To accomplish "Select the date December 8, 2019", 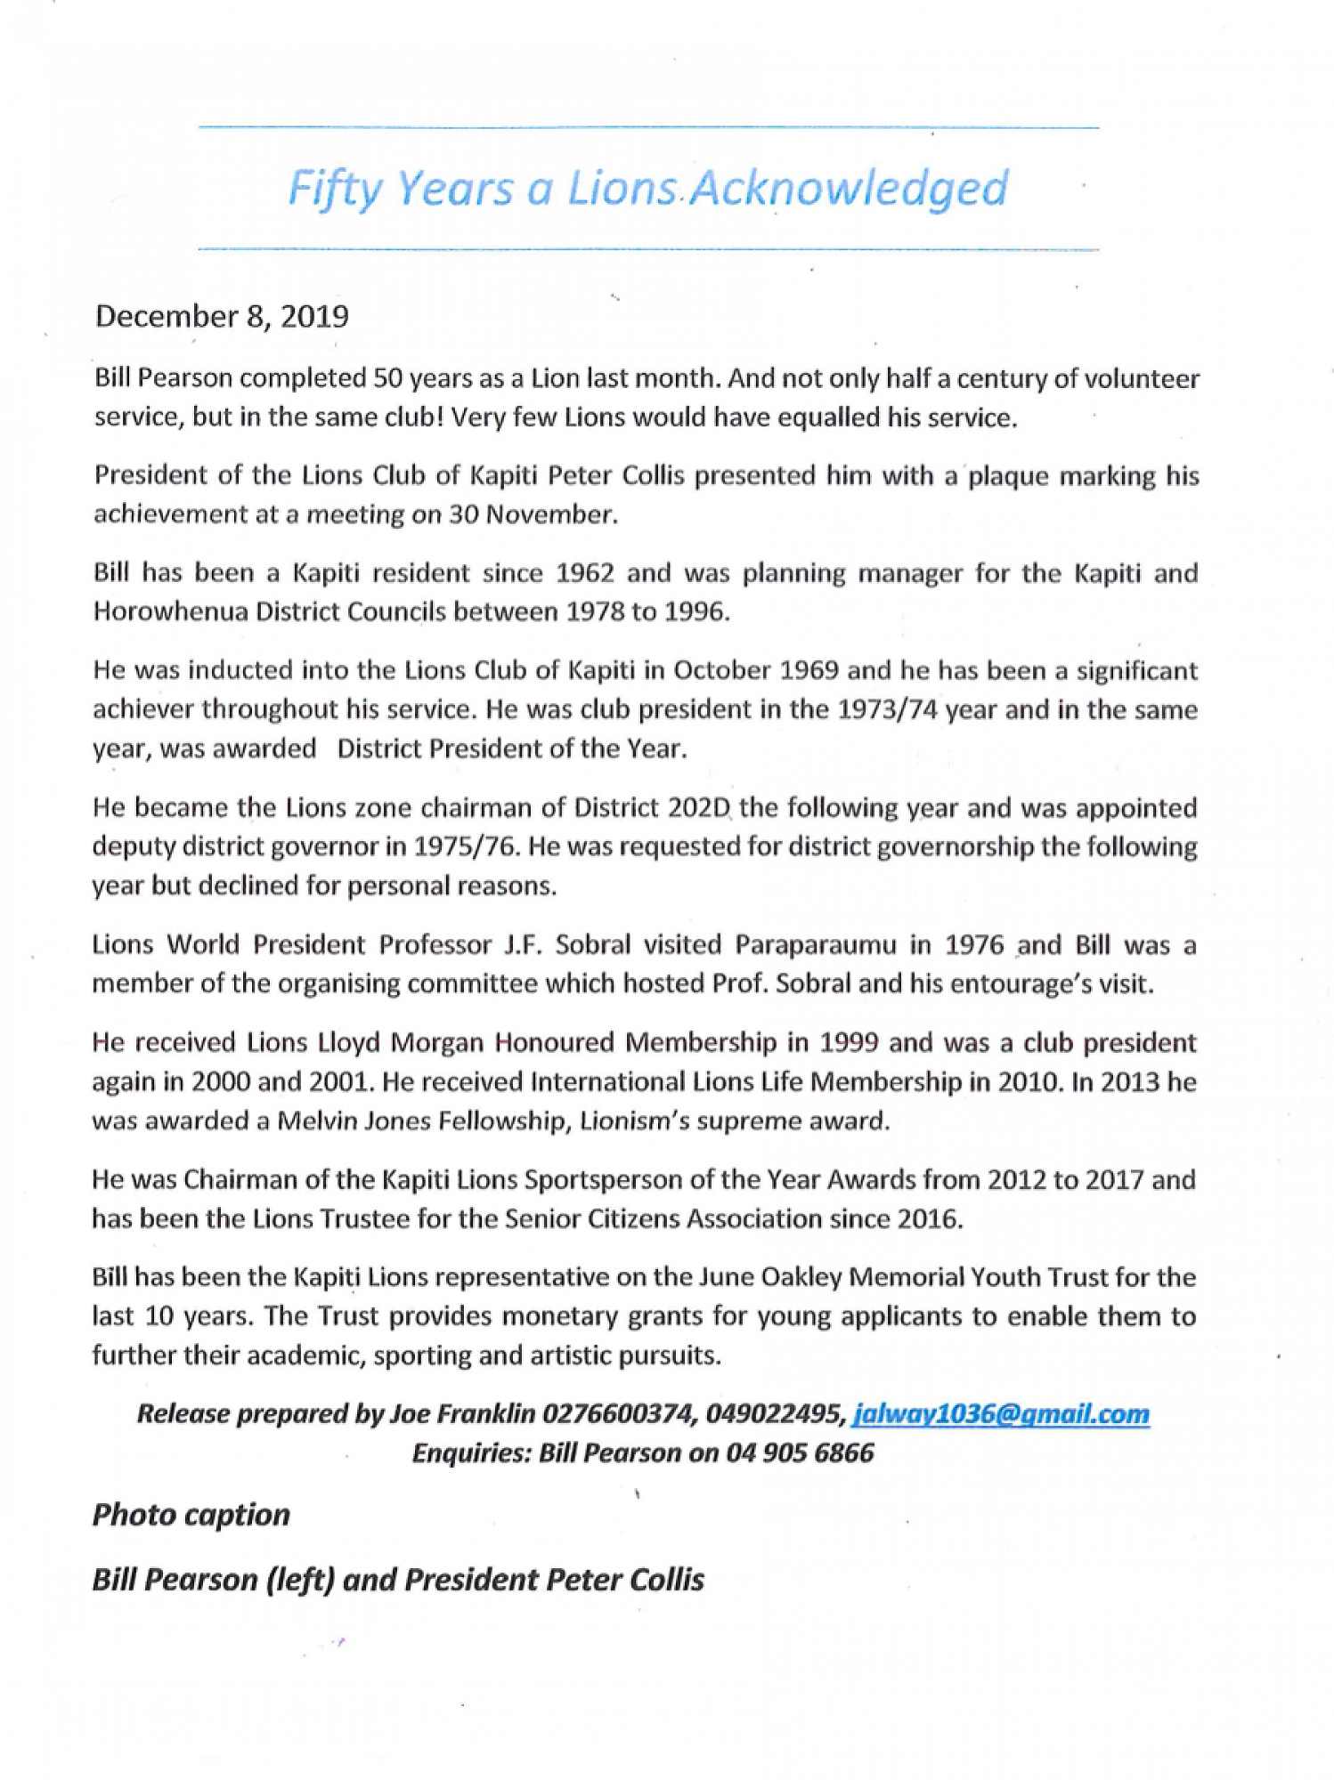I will point(222,317).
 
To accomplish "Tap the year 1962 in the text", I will point(584,572).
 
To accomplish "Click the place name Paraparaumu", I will point(815,944).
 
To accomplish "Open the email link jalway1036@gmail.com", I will point(1000,1414).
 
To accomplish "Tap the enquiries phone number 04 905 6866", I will point(800,1453).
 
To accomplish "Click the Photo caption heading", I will point(191,1515).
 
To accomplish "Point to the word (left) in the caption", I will point(298,1580).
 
